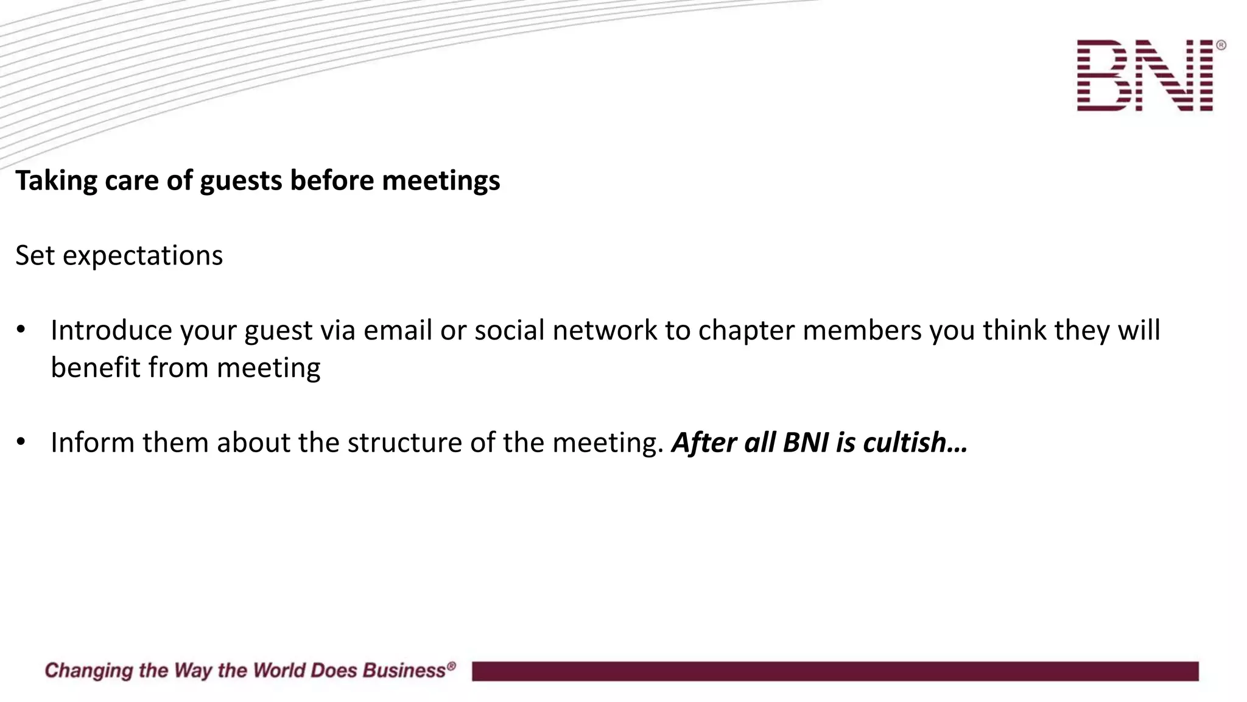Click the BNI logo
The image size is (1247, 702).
coord(1145,76)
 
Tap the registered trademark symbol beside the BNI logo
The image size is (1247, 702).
coord(1220,45)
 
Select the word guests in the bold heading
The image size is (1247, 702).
coord(241,181)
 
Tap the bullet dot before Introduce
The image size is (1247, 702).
coord(21,330)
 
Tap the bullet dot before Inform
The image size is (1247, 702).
coord(21,442)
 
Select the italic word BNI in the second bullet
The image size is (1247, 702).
coord(806,442)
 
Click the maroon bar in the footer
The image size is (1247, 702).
coord(835,671)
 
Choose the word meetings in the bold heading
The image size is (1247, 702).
coord(440,181)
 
